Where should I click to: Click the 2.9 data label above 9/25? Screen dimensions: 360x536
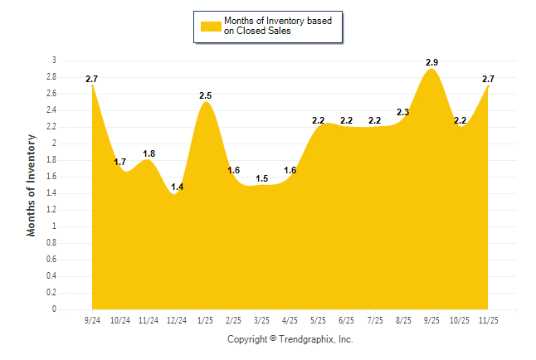click(431, 63)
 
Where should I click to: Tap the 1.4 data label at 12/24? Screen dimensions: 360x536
click(177, 187)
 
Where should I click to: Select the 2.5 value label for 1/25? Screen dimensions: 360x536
click(206, 96)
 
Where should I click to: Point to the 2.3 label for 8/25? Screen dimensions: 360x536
click(403, 112)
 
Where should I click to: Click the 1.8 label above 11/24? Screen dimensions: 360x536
click(149, 153)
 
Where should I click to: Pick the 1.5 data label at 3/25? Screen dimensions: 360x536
click(261, 178)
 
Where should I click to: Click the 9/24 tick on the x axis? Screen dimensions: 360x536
click(92, 319)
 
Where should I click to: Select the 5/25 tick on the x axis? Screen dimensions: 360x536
click(319, 319)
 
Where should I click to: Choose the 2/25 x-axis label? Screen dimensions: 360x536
click(233, 319)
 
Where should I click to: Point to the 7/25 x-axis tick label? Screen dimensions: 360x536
click(375, 319)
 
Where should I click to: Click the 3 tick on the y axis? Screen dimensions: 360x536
click(54, 61)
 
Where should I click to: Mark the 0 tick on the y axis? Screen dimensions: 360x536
click(54, 309)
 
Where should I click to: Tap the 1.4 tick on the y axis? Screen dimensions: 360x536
click(51, 193)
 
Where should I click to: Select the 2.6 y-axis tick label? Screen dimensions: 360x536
click(51, 94)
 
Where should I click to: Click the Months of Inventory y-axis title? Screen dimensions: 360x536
click(32, 185)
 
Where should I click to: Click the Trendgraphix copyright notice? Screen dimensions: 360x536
click(290, 339)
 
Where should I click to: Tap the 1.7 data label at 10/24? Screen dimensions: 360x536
click(120, 162)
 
